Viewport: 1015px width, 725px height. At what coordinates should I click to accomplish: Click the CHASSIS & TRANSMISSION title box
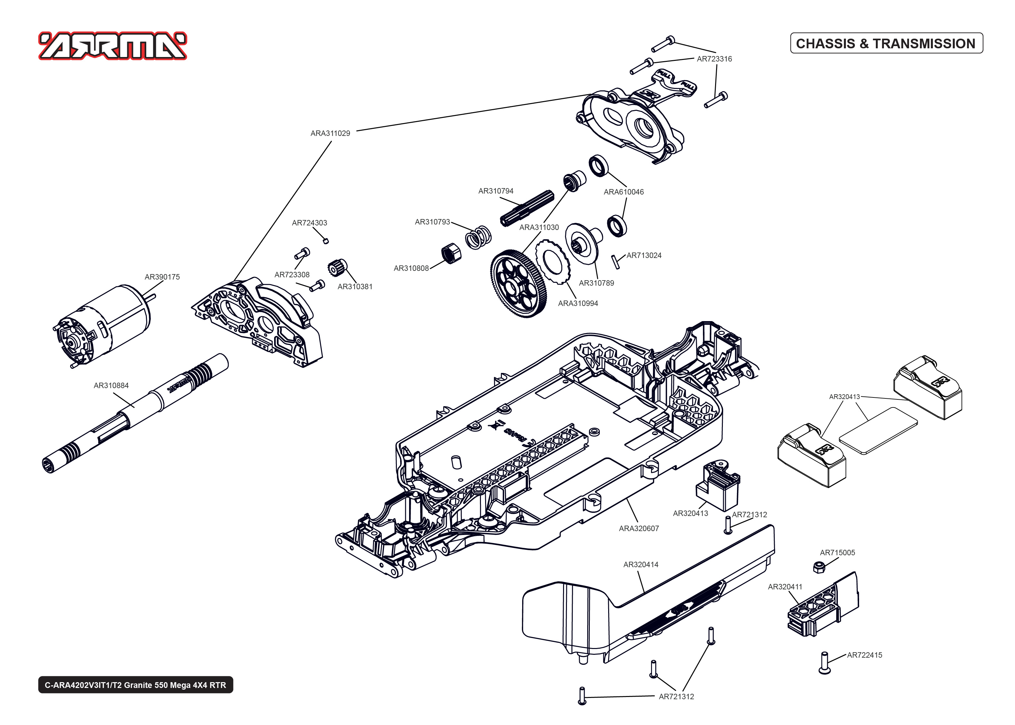(x=886, y=43)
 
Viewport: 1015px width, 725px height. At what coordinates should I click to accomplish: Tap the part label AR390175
(x=162, y=277)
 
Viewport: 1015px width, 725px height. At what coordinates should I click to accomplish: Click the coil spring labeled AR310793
(x=478, y=238)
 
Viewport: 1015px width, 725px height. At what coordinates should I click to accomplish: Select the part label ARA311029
(x=330, y=133)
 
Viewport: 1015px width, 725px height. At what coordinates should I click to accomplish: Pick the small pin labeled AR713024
(x=616, y=262)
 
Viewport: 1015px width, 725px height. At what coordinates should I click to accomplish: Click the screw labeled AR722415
(x=824, y=663)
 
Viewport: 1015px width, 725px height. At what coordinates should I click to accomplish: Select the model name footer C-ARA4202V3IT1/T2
(x=135, y=685)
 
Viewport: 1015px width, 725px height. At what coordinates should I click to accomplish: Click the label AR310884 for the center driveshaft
(x=111, y=385)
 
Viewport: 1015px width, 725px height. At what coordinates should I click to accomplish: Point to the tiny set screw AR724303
(x=326, y=241)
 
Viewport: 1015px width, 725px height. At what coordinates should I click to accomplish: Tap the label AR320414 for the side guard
(x=640, y=565)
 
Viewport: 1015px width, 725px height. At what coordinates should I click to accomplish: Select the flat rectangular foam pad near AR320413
(x=878, y=431)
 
